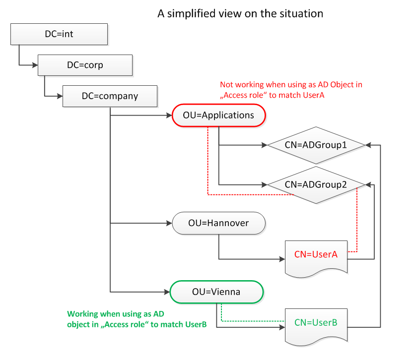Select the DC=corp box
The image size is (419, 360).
point(85,65)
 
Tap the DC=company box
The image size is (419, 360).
point(110,96)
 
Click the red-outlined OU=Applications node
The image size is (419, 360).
point(219,116)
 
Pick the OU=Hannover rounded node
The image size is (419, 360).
point(218,223)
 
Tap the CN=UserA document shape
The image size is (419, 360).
point(316,254)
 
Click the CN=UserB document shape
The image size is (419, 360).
point(316,323)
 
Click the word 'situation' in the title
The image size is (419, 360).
point(300,13)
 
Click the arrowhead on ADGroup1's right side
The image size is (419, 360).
point(368,145)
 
